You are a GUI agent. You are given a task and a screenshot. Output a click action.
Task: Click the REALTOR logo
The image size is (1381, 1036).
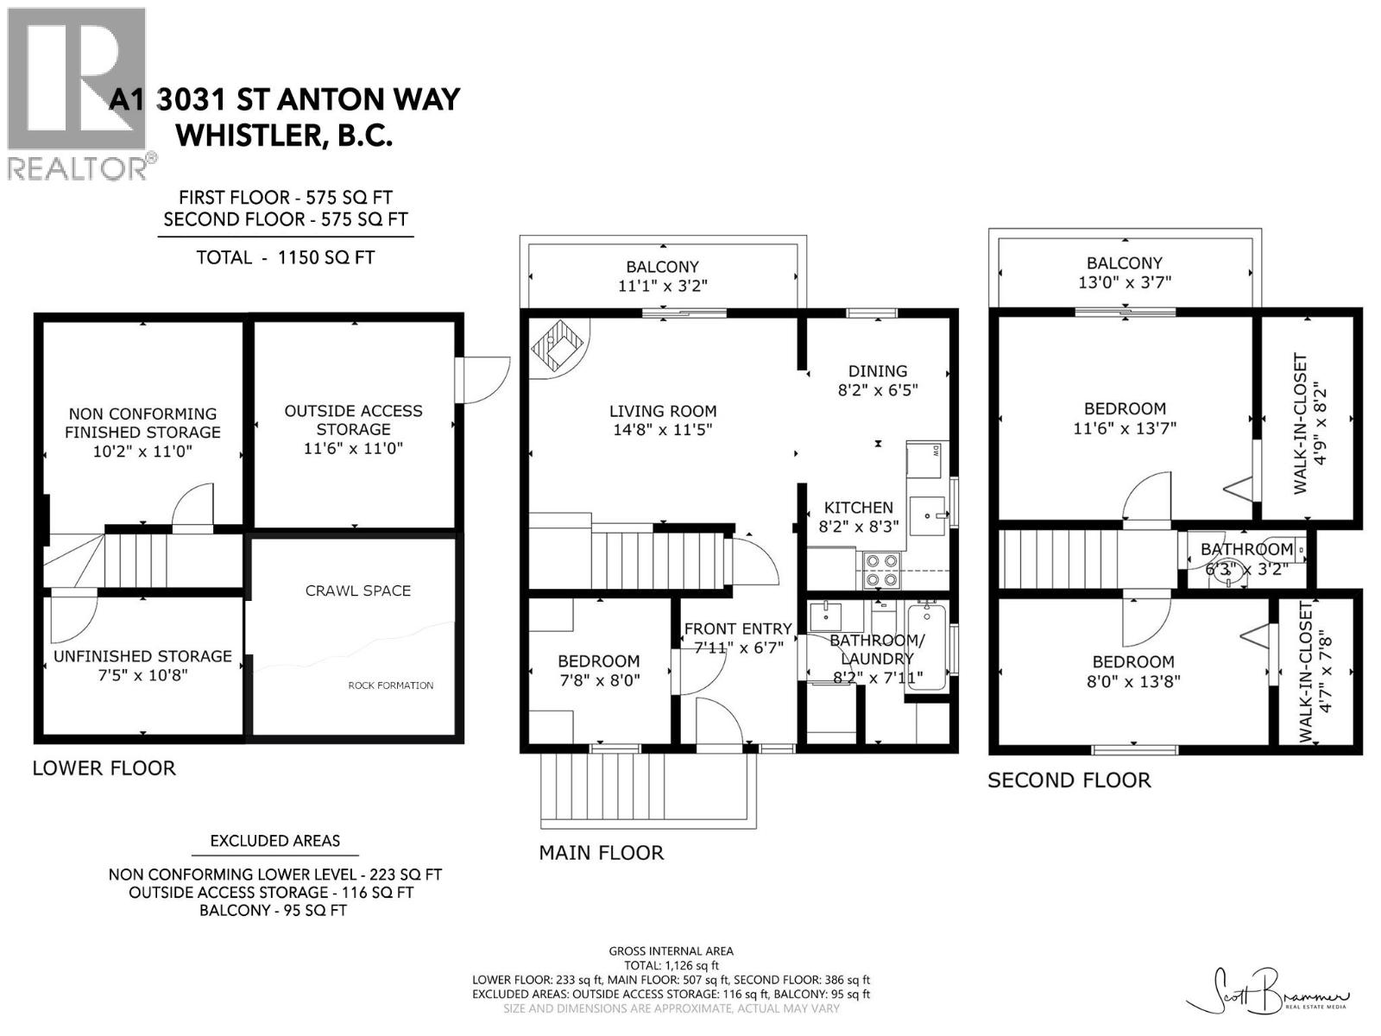80,94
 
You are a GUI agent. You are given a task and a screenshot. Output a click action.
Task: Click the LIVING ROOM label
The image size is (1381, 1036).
663,412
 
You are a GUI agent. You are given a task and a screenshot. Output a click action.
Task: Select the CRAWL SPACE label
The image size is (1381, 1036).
358,591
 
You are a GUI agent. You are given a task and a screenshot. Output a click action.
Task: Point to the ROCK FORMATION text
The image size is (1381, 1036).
391,685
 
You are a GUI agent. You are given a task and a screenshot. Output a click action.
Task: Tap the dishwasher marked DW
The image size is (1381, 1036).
924,459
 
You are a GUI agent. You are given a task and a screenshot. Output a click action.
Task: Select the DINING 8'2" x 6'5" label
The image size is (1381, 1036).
878,381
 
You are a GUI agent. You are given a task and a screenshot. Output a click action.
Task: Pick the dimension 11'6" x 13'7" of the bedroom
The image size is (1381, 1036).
1125,428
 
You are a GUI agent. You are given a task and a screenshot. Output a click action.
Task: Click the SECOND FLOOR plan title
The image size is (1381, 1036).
1069,780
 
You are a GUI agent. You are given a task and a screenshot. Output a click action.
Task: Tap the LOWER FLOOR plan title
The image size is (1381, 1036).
104,768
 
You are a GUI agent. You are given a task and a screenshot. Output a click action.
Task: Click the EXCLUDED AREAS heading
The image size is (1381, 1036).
275,840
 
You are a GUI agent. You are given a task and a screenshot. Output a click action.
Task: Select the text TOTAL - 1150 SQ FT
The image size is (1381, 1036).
286,257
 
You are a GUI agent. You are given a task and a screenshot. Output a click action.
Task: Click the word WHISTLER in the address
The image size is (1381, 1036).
249,136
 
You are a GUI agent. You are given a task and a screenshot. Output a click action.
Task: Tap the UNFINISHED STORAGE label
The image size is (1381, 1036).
142,656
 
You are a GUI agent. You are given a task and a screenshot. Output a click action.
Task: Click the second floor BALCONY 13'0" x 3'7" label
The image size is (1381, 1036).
1125,272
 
